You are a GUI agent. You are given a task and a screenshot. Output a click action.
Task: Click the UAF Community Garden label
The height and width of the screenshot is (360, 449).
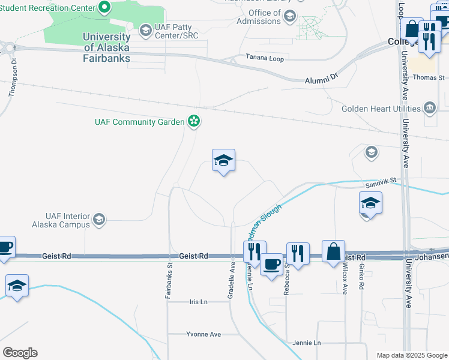pyautogui.click(x=139, y=122)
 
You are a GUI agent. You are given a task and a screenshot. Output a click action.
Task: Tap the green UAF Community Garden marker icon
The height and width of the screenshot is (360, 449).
pyautogui.click(x=194, y=122)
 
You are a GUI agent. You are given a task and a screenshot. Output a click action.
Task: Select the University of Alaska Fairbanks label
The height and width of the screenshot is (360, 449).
pyautogui.click(x=107, y=47)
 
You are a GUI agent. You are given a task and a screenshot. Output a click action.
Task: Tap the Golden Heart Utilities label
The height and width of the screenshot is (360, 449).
pyautogui.click(x=381, y=109)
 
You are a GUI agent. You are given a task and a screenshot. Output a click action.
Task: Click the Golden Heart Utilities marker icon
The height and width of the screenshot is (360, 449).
pyautogui.click(x=429, y=109)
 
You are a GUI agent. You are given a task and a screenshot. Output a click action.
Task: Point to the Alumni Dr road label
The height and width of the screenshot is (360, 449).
pyautogui.click(x=322, y=79)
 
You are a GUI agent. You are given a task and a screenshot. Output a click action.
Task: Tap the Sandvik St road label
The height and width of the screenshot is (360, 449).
pyautogui.click(x=382, y=179)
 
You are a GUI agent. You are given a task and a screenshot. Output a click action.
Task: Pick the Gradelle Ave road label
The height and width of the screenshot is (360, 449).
pyautogui.click(x=231, y=280)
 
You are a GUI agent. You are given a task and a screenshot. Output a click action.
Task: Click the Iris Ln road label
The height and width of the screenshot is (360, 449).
pyautogui.click(x=197, y=302)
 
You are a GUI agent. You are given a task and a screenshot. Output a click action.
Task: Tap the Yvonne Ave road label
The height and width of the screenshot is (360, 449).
pyautogui.click(x=202, y=334)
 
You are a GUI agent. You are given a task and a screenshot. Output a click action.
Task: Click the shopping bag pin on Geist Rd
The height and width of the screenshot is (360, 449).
pyautogui.click(x=334, y=251)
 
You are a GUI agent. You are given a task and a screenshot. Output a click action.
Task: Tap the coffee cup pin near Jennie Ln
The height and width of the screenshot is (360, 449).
pyautogui.click(x=271, y=264)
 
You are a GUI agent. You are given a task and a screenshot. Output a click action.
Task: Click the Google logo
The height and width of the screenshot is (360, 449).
pyautogui.click(x=20, y=353)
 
